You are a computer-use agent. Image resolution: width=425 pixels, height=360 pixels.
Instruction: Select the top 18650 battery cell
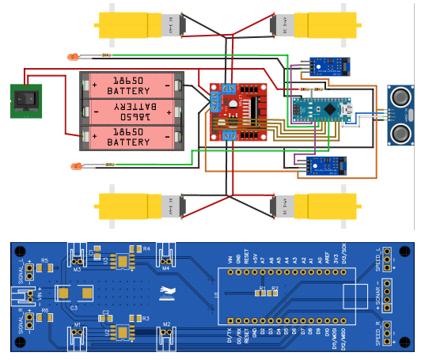pyautogui.click(x=134, y=84)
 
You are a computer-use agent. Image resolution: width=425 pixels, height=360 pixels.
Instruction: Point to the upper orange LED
pyautogui.click(x=73, y=56)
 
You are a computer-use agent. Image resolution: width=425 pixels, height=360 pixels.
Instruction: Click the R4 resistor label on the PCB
pyautogui.click(x=146, y=249)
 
